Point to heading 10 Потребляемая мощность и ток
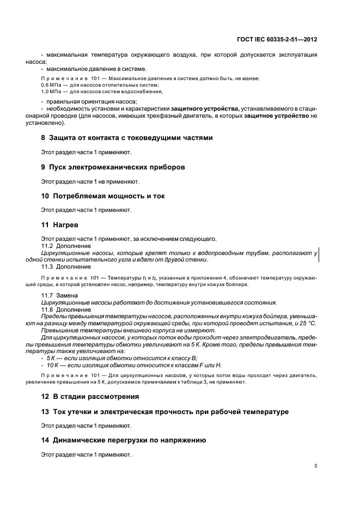[103, 196]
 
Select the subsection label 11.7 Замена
[60, 295]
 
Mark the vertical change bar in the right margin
[318, 255]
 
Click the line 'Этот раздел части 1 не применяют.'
[90, 181]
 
